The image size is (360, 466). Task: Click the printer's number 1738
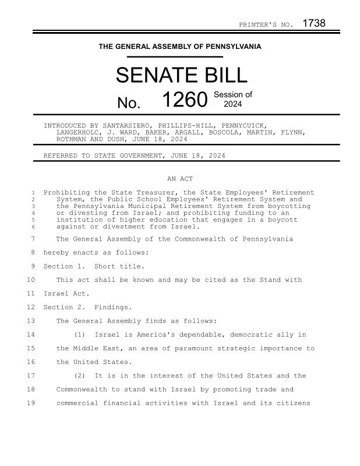pos(313,23)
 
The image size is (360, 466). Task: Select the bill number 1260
pos(184,100)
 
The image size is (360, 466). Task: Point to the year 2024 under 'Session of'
pos(233,104)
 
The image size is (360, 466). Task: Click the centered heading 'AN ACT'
pos(180,179)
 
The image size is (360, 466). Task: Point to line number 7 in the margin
pos(33,239)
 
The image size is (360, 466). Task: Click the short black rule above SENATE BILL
pos(175,57)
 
